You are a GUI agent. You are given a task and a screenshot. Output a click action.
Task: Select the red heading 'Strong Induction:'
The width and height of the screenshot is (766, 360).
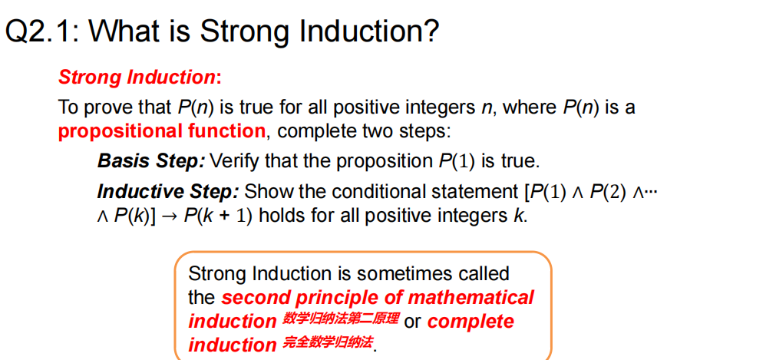click(x=140, y=78)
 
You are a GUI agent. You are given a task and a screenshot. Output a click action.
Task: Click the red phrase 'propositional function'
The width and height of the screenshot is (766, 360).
click(x=162, y=131)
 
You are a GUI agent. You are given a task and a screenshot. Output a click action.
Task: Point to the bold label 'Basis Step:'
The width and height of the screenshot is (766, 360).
click(x=151, y=161)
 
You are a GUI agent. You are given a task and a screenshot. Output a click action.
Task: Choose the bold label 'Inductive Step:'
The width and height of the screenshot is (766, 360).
click(x=168, y=191)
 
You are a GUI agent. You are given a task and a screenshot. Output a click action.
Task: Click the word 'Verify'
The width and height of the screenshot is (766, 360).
click(x=234, y=161)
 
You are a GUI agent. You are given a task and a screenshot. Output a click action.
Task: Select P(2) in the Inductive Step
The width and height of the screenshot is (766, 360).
click(x=607, y=192)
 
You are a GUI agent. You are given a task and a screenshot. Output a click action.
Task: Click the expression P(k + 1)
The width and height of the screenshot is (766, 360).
click(x=218, y=216)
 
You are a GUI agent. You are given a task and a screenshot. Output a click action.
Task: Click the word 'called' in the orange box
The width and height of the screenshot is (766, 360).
click(x=483, y=273)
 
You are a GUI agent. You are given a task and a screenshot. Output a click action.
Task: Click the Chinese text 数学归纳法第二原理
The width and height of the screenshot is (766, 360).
click(x=341, y=319)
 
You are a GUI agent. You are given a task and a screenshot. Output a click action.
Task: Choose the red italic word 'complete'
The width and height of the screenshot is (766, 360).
click(x=470, y=322)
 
